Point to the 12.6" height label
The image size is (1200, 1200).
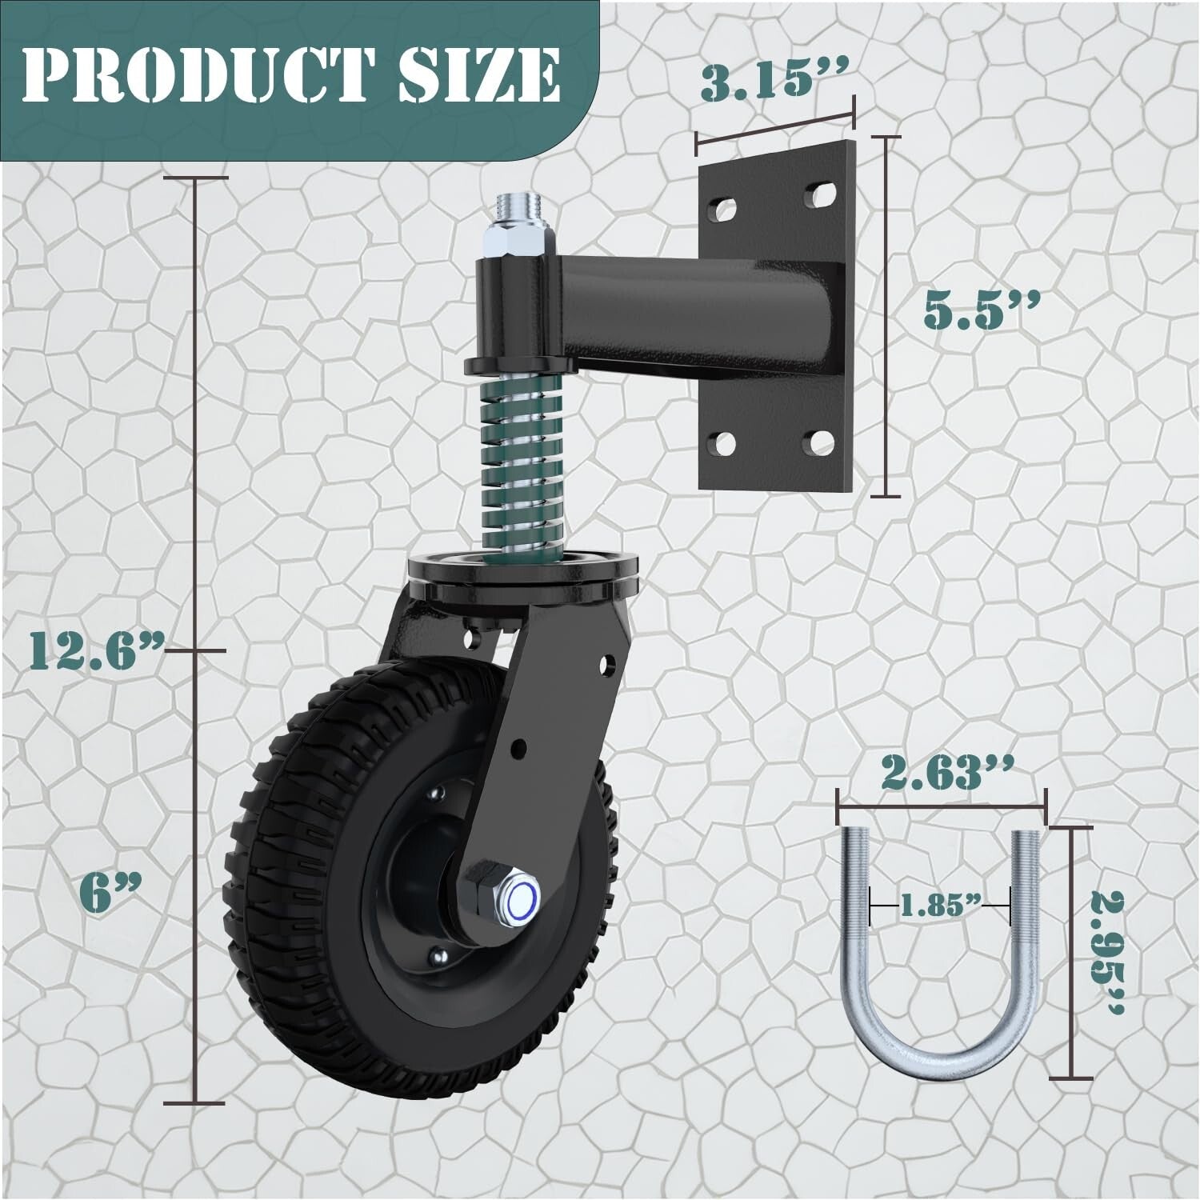(x=91, y=650)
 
